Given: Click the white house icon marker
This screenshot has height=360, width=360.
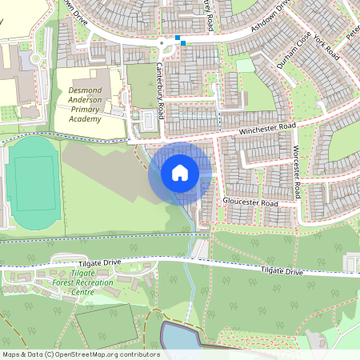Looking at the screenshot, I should pyautogui.click(x=180, y=172).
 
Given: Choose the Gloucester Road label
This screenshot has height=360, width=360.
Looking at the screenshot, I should pyautogui.click(x=250, y=203).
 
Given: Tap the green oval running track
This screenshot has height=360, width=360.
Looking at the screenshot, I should pyautogui.click(x=32, y=182).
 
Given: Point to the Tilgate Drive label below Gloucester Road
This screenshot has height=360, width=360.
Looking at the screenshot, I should pyautogui.click(x=282, y=272).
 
